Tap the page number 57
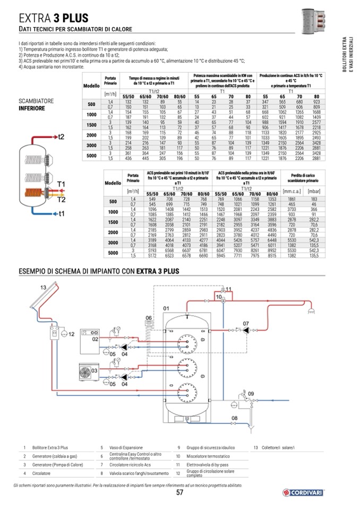pyautogui.click(x=179, y=492)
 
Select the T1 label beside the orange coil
pyautogui.click(x=61, y=184)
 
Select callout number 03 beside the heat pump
pyautogui.click(x=94, y=370)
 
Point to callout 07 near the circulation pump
pyautogui.click(x=246, y=323)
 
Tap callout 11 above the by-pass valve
pyautogui.click(x=229, y=288)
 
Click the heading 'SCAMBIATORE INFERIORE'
pyautogui.click(x=32, y=105)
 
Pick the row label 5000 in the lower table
pyautogui.click(x=113, y=253)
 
